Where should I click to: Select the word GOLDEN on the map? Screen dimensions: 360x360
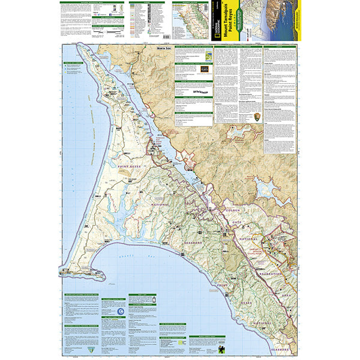point(232,211)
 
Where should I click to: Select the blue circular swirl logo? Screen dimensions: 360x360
point(121,310)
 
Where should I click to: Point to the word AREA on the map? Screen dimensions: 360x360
point(287,295)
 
